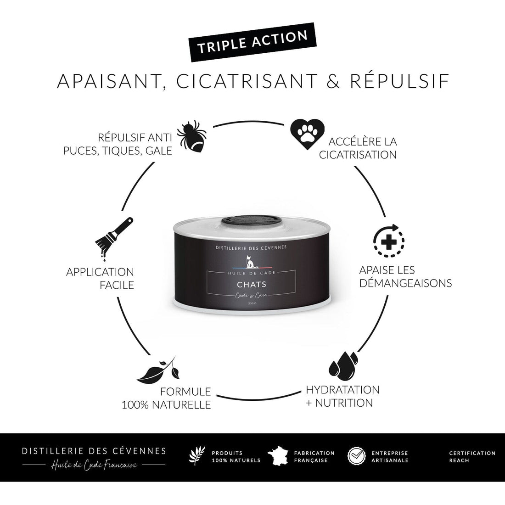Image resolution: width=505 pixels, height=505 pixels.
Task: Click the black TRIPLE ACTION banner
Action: (252, 42)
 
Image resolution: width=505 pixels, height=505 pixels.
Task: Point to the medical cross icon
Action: (389, 241)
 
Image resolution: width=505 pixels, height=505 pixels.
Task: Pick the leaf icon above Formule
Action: (158, 370)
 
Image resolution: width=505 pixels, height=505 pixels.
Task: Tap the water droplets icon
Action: (343, 365)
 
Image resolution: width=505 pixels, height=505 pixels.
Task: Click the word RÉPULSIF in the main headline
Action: (400, 81)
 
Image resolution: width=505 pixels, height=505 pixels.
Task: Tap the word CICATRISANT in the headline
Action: (247, 81)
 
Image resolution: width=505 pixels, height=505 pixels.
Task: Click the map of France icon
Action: (278, 456)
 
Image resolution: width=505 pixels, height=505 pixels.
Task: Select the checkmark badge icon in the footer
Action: (357, 456)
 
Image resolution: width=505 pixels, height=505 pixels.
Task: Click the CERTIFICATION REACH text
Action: (472, 457)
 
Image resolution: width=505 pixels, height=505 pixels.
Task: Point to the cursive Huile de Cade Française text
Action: (94, 465)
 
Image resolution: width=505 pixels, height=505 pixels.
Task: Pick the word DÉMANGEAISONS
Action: (405, 283)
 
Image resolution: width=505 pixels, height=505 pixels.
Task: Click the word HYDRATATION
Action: (342, 390)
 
